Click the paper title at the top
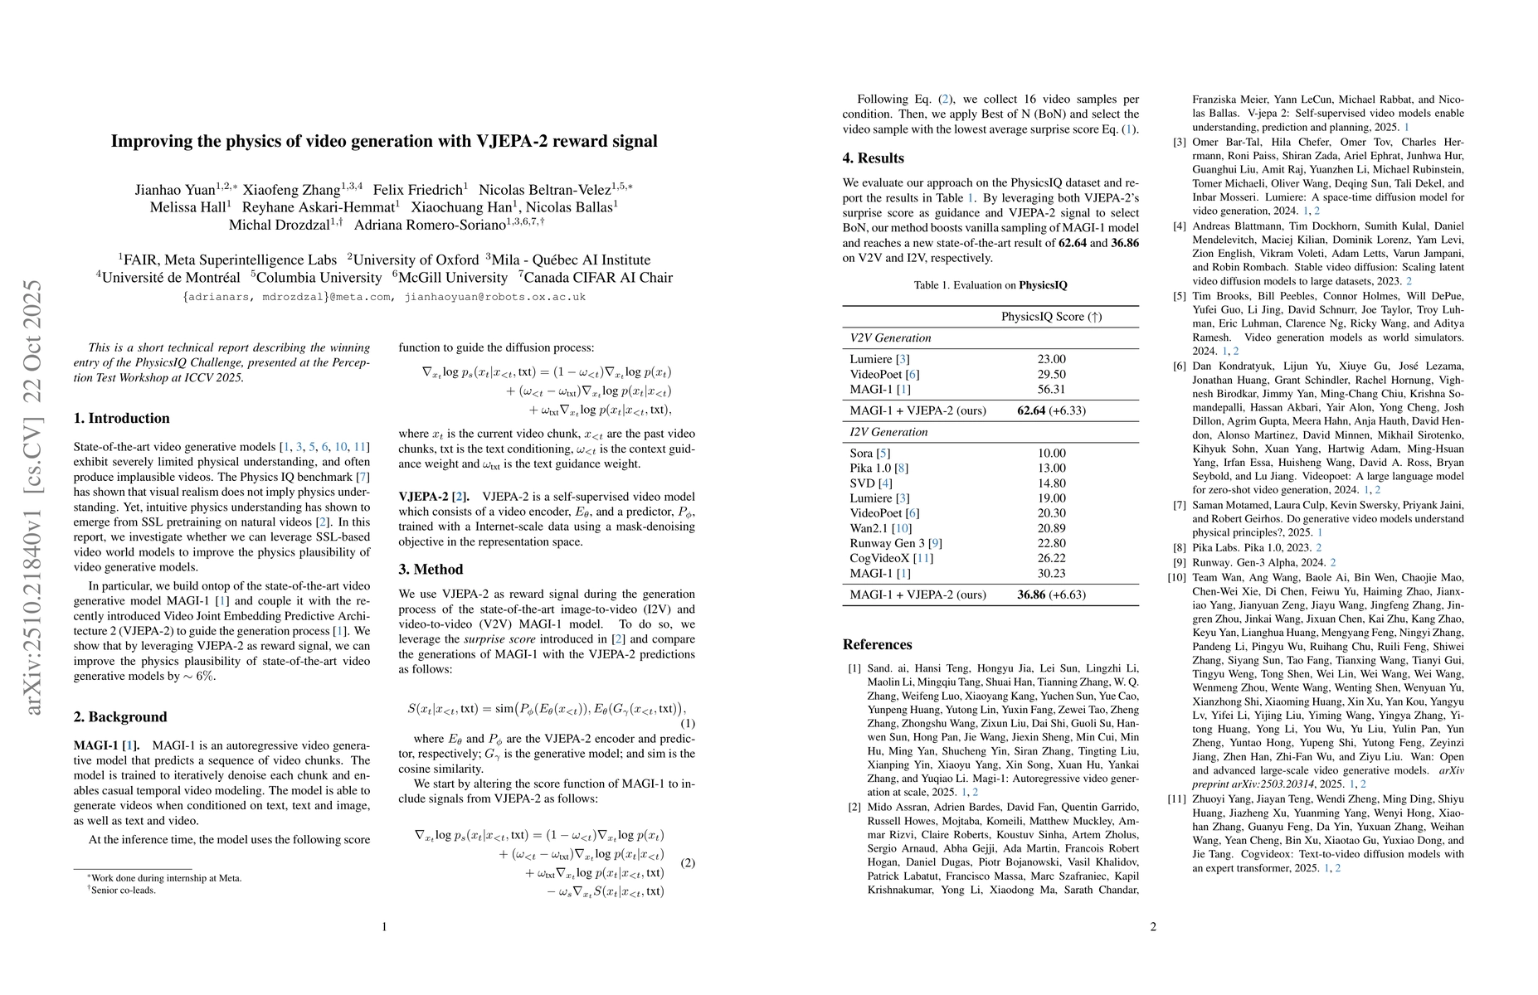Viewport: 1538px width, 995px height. pos(384,141)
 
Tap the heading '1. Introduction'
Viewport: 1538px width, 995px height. pos(121,419)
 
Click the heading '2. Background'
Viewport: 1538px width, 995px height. pos(120,717)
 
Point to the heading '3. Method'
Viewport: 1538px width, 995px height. pos(431,570)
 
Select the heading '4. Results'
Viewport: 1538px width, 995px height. pos(873,158)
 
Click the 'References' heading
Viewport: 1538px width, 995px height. pos(877,645)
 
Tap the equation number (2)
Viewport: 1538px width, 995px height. pos(687,863)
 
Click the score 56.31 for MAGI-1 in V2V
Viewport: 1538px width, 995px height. pos(1051,389)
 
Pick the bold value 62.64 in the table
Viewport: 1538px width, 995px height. pos(1031,410)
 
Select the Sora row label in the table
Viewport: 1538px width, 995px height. pos(861,454)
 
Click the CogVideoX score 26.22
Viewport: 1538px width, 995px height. pos(1051,558)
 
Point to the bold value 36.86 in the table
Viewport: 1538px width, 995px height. pos(1031,595)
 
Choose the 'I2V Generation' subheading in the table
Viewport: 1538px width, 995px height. pos(888,432)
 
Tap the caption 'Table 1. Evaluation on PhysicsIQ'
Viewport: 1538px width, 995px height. pos(990,285)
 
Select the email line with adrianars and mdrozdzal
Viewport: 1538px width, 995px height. pos(384,297)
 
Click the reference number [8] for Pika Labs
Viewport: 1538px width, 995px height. pos(1180,547)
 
